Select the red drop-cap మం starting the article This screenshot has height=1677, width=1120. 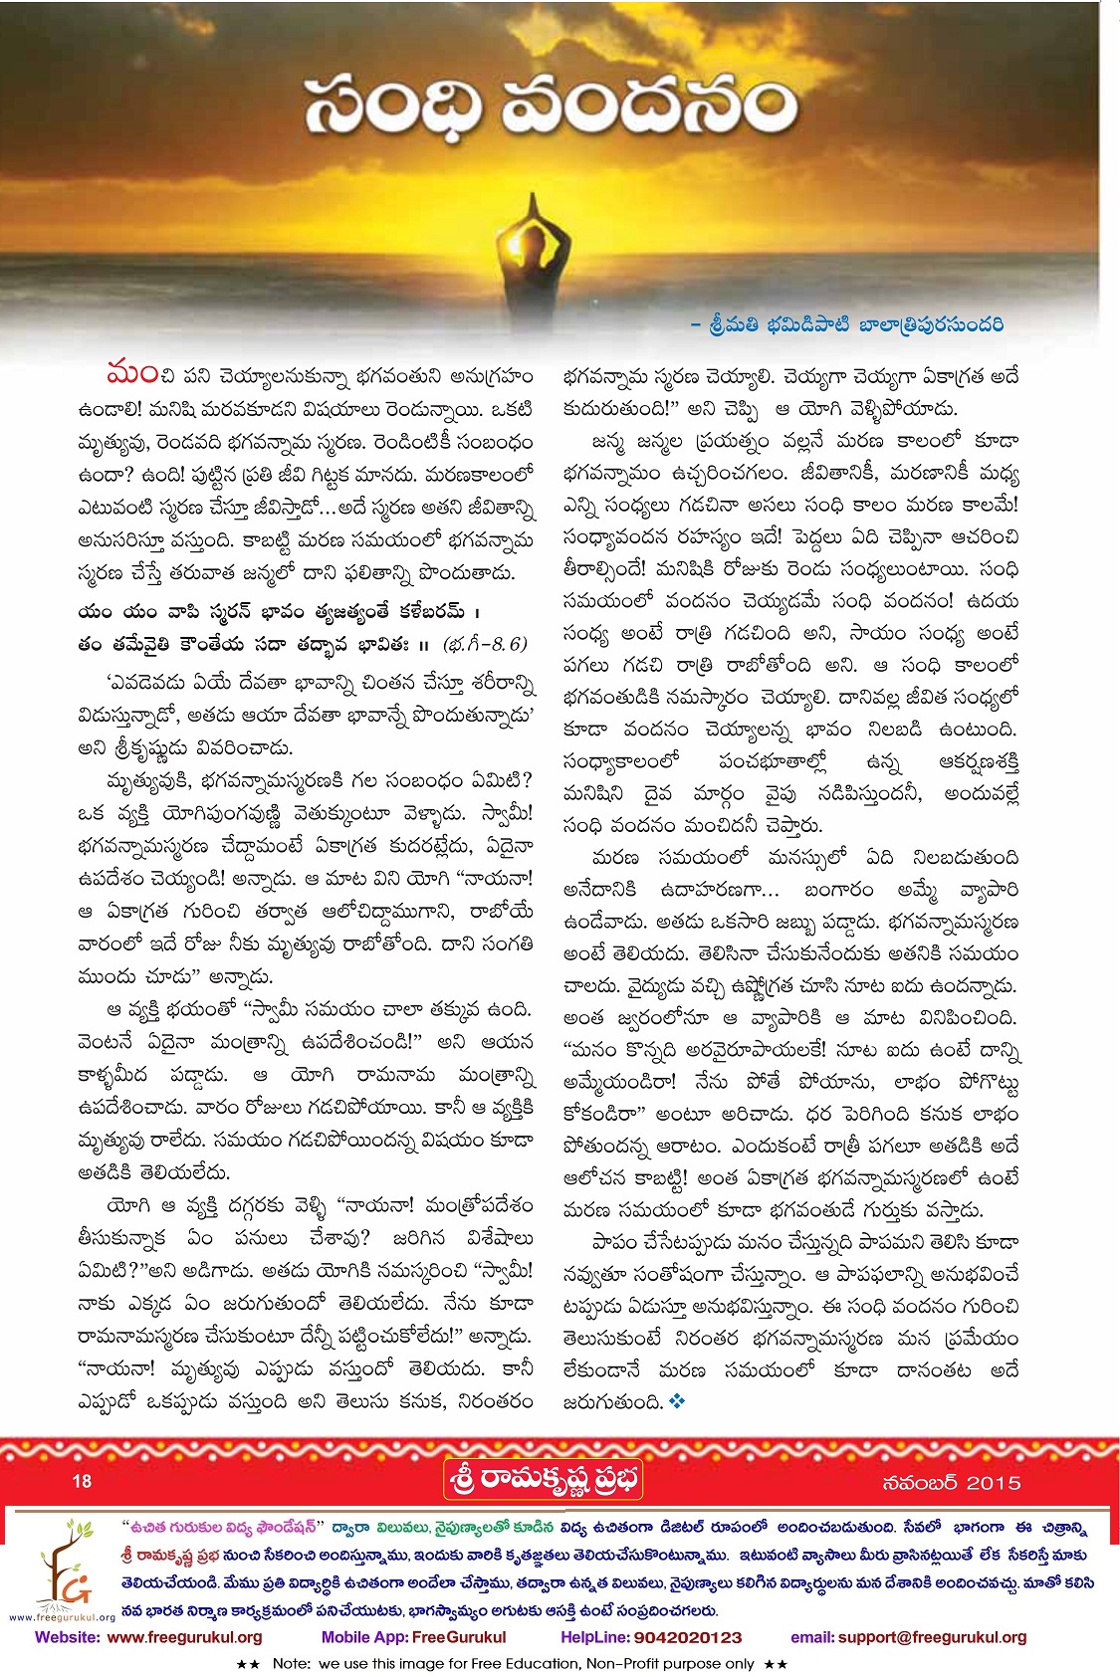(131, 375)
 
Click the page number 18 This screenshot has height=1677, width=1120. (82, 1481)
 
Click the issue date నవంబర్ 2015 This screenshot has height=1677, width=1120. (951, 1482)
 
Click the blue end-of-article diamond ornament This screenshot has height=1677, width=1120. (678, 1401)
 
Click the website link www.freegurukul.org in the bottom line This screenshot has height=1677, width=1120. (184, 1637)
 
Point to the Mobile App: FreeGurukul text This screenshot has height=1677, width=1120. (413, 1637)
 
